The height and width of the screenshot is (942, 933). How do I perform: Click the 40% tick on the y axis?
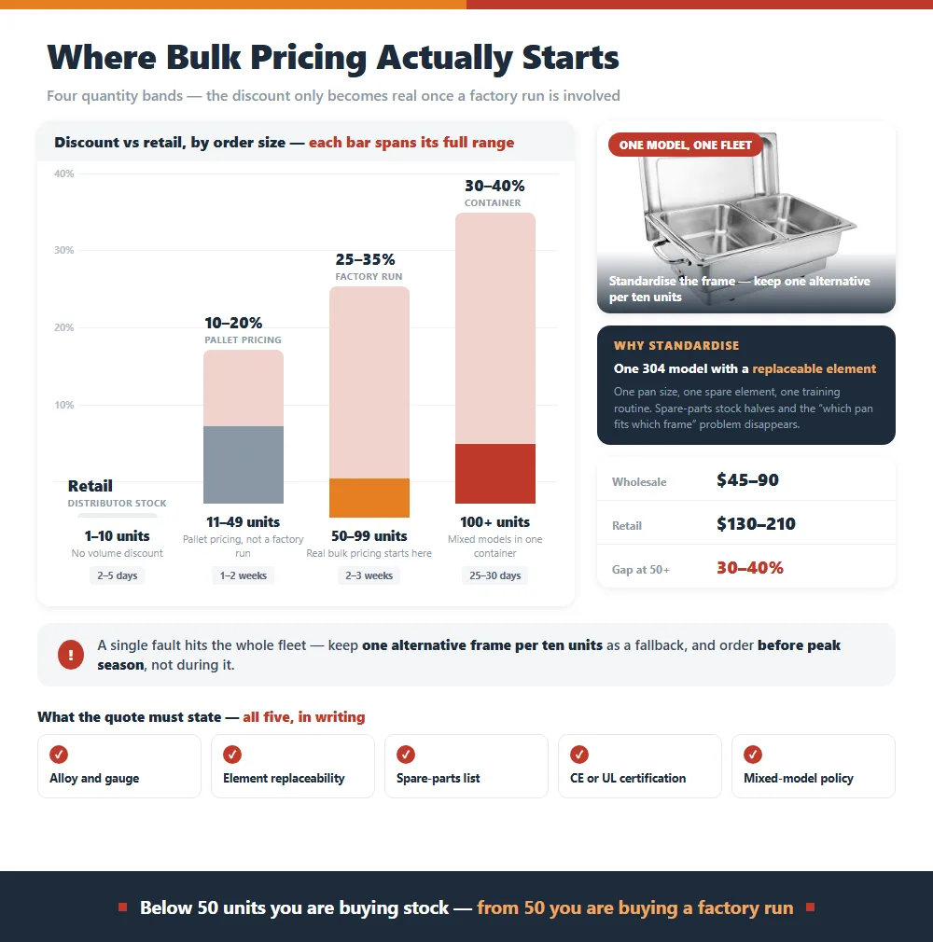point(63,173)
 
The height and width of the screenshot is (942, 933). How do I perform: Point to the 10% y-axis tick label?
point(63,405)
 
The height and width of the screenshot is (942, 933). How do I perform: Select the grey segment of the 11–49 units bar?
point(244,464)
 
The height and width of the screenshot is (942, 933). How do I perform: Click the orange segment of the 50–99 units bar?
point(369,497)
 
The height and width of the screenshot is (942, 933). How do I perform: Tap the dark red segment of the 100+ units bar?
point(495,474)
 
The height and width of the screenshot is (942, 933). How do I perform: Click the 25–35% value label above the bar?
point(366,259)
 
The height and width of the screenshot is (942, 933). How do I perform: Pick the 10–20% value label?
point(233,323)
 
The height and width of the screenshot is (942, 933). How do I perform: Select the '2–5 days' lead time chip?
point(118,575)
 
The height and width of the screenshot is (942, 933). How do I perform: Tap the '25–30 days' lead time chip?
point(495,575)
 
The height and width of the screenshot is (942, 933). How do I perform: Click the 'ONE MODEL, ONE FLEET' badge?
point(686,145)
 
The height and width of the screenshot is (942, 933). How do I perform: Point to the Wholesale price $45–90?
point(747,480)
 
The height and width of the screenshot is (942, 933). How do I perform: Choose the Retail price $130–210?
point(756,524)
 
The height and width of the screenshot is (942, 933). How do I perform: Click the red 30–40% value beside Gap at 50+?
point(749,568)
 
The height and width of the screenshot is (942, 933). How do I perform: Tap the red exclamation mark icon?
point(71,655)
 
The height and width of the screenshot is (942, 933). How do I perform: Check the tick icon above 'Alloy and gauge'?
point(59,755)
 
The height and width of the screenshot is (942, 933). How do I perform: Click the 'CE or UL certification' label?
point(628,778)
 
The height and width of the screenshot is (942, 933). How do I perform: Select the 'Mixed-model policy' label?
point(799,778)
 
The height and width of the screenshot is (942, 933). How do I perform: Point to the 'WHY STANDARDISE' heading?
point(676,345)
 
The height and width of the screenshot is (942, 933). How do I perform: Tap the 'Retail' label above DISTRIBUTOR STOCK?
point(91,485)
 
